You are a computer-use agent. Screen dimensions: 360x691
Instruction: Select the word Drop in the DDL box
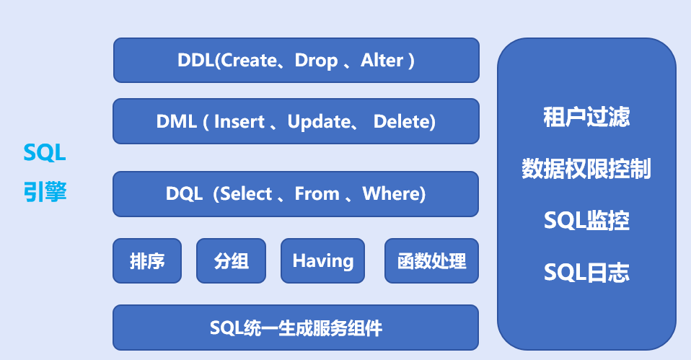pyautogui.click(x=316, y=61)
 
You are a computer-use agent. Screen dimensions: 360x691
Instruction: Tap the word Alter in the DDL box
pyautogui.click(x=382, y=61)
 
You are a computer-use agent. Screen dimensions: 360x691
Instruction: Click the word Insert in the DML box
pyautogui.click(x=239, y=122)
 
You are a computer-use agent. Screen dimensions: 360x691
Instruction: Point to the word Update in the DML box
pyautogui.click(x=319, y=122)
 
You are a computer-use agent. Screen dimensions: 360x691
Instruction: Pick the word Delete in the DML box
pyautogui.click(x=404, y=122)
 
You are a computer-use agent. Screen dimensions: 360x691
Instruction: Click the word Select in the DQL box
pyautogui.click(x=246, y=194)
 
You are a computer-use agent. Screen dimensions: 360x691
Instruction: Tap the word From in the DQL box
pyautogui.click(x=317, y=194)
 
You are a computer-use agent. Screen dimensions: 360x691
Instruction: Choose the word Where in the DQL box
pyautogui.click(x=392, y=194)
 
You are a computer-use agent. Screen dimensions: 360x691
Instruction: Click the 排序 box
pyautogui.click(x=147, y=260)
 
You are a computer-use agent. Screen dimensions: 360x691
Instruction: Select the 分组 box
pyautogui.click(x=231, y=260)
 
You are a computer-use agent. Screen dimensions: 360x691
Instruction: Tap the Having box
pyautogui.click(x=322, y=260)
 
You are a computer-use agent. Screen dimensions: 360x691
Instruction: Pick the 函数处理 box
pyautogui.click(x=431, y=260)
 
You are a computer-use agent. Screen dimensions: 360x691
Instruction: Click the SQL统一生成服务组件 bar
pyautogui.click(x=296, y=329)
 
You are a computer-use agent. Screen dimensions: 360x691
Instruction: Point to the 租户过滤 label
pyautogui.click(x=586, y=117)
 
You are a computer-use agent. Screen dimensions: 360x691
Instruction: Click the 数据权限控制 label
pyautogui.click(x=586, y=169)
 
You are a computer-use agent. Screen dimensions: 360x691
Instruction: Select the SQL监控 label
pyautogui.click(x=586, y=221)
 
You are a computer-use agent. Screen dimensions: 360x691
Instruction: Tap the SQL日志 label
pyautogui.click(x=586, y=273)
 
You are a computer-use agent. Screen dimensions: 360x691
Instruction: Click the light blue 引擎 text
pyautogui.click(x=45, y=192)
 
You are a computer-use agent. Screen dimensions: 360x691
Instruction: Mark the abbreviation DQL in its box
pyautogui.click(x=183, y=194)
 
